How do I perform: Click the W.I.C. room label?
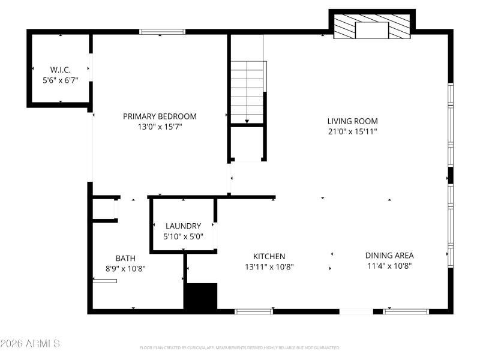tap(61, 70)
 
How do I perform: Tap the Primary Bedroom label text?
tap(160, 116)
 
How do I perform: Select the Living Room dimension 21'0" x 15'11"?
tap(352, 131)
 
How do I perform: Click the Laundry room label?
tap(183, 226)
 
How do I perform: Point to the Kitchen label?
tap(269, 256)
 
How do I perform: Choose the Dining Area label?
tap(389, 255)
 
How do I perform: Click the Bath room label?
tap(125, 258)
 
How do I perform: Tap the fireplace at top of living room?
tap(372, 28)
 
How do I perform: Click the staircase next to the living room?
tap(247, 90)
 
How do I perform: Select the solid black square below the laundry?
tap(200, 296)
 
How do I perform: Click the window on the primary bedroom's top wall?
tap(162, 32)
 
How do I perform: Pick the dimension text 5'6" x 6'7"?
tap(61, 80)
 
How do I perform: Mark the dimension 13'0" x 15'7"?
tap(160, 127)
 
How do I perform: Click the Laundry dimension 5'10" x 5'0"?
tap(183, 236)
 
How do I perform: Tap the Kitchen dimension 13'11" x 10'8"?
tap(269, 266)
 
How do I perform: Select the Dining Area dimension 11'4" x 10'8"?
tap(389, 265)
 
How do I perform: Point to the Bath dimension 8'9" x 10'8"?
tap(125, 268)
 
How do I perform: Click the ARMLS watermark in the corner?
tap(30, 344)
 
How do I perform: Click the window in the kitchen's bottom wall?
tap(253, 311)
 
